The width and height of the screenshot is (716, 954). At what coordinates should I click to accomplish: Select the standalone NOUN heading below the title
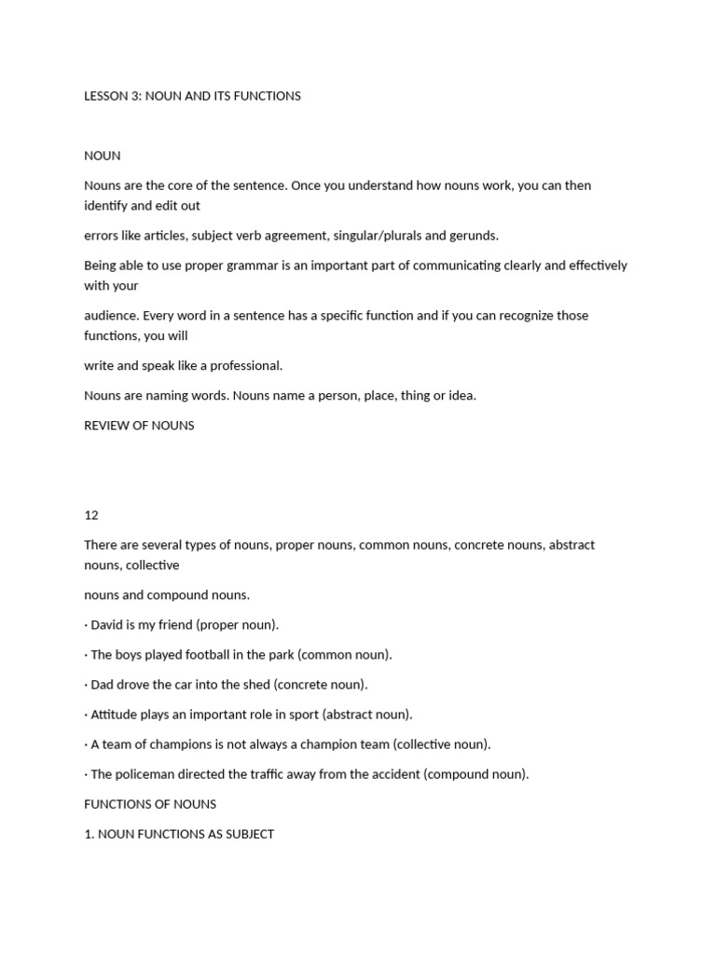102,156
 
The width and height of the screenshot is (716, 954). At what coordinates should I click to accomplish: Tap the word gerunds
474,236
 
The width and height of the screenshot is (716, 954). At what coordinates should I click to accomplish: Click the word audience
110,316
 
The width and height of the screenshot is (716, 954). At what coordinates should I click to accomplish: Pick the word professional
249,366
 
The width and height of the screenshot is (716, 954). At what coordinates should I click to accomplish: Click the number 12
91,515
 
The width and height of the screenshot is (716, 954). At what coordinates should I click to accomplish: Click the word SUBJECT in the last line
247,834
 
